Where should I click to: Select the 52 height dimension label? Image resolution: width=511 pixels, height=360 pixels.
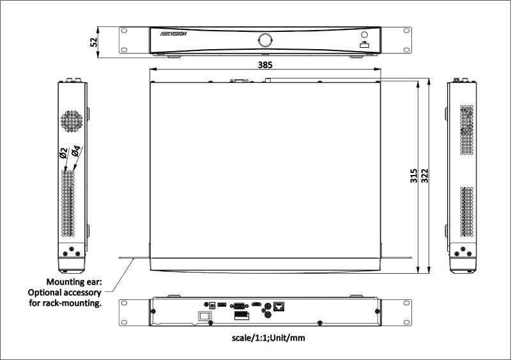pos(94,41)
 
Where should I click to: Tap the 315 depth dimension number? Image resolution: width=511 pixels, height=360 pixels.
pos(413,176)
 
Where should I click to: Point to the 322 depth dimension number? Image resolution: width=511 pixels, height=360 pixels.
pos(424,176)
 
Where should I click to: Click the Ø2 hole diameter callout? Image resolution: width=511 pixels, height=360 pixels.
pos(63,153)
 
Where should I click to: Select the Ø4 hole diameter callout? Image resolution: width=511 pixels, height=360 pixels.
pos(75,151)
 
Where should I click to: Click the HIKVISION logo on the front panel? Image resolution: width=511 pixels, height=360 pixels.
pos(173,35)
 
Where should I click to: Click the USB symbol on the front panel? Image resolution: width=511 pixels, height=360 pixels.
pos(364,45)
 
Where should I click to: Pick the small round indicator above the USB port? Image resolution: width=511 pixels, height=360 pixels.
pos(364,35)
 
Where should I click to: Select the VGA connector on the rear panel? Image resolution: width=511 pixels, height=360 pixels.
pos(240,306)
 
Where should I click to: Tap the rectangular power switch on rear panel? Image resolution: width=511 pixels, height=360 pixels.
pos(204,315)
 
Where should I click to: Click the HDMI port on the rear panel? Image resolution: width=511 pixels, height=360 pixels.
pos(257,305)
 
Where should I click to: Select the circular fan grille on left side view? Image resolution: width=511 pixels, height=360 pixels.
pos(72,121)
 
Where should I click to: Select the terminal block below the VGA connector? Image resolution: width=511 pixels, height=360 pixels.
pos(239,315)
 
